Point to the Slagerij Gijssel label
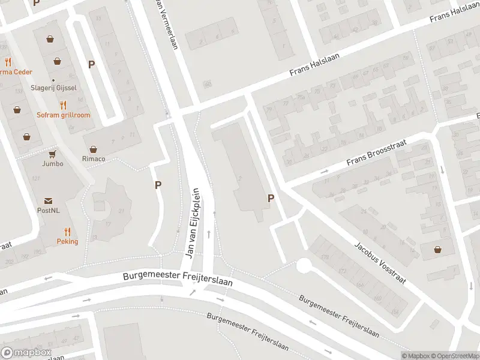[x=53, y=88]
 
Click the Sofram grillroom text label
[x=63, y=115]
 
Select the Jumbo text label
[x=53, y=163]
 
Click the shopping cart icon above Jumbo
[x=53, y=154]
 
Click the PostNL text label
[x=48, y=211]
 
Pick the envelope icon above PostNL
[x=48, y=201]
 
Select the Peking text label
[x=68, y=241]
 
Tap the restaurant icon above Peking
[x=68, y=231]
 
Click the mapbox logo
[x=26, y=353]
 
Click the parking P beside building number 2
[x=271, y=198]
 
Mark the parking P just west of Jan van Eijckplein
[x=158, y=185]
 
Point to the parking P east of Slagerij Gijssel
[x=91, y=64]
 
